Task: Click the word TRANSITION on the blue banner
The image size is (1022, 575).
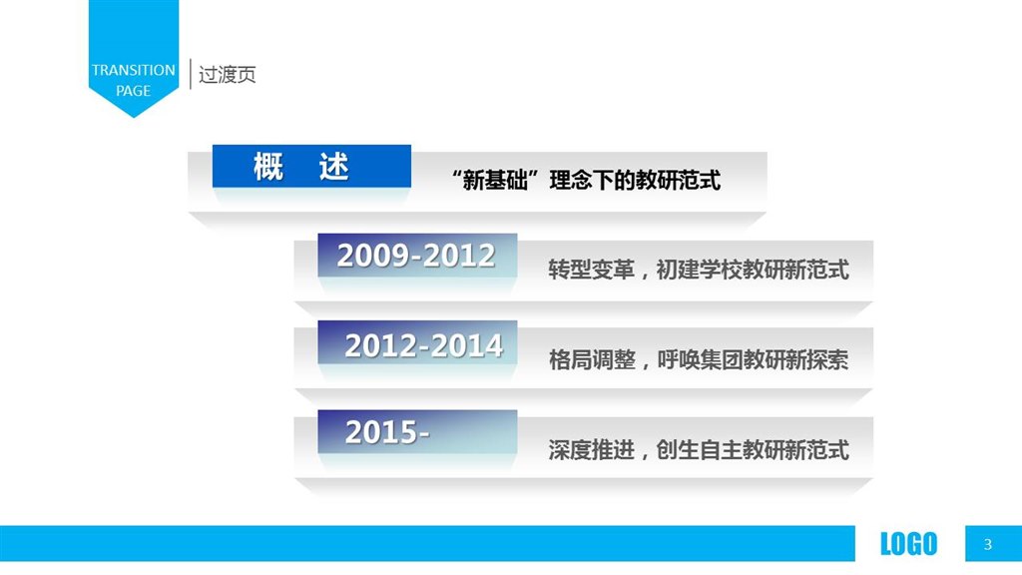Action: [133, 70]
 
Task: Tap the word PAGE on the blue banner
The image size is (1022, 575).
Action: [133, 91]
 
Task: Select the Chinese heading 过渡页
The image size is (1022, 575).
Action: [227, 74]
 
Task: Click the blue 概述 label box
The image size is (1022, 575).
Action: [311, 167]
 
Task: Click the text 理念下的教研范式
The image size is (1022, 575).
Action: [635, 180]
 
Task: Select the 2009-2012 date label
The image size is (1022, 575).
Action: [416, 255]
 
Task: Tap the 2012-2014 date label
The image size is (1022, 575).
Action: [423, 345]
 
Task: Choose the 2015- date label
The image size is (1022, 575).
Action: [387, 431]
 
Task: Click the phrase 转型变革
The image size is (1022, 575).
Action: [591, 270]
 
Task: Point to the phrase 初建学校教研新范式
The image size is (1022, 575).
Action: [753, 270]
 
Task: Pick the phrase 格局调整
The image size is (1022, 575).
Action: [591, 359]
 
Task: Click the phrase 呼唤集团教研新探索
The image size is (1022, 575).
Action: [753, 359]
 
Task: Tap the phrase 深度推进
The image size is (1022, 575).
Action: [591, 449]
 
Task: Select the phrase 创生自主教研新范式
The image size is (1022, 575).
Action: [753, 449]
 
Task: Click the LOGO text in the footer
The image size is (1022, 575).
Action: [908, 544]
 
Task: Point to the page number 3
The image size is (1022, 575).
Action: [987, 544]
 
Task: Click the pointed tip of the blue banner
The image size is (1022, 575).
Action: [134, 118]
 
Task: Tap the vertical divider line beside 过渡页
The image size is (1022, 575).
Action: [190, 74]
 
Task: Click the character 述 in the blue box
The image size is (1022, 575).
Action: [333, 167]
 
